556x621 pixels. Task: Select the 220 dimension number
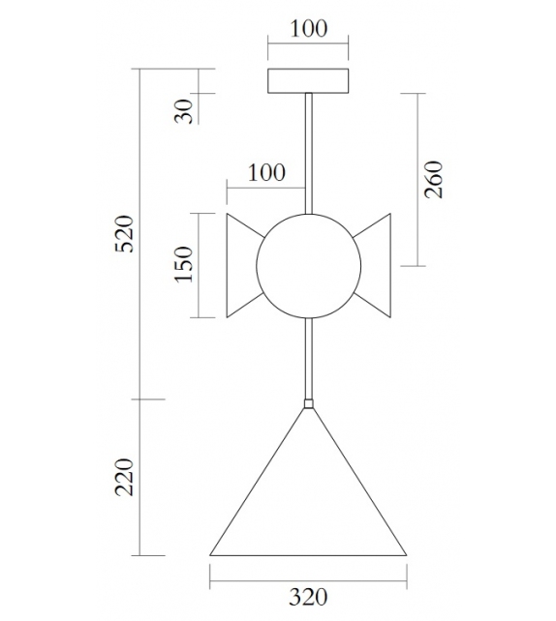124,477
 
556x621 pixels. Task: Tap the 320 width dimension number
308,597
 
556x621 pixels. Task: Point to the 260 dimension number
434,179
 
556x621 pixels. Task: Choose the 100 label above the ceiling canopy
308,28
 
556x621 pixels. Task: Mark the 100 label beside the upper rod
266,173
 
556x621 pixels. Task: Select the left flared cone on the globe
242,266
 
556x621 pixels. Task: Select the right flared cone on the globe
375,266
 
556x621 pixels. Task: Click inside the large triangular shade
308,503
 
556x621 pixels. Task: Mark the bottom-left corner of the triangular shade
211,554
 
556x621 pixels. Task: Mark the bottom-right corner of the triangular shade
405,554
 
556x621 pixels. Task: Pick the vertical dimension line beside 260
418,179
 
